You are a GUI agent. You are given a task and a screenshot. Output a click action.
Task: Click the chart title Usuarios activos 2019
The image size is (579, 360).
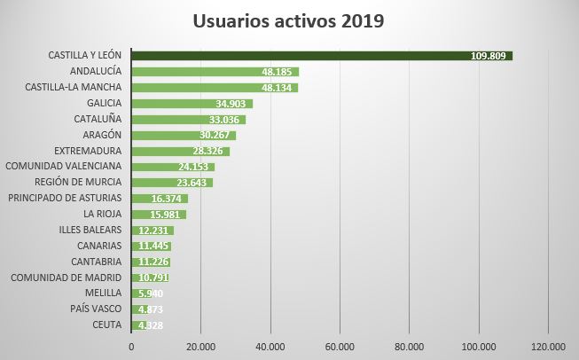289,20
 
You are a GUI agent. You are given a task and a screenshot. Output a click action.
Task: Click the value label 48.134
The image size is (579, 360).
278,88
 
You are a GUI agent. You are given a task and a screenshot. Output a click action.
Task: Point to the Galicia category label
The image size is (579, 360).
99,103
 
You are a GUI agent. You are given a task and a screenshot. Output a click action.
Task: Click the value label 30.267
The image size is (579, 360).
216,135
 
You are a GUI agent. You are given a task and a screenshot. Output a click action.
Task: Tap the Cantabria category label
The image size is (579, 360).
96,262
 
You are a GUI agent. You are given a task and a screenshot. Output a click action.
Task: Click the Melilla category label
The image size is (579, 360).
103,293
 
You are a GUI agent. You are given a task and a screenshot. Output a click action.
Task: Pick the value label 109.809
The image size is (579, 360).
489,56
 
